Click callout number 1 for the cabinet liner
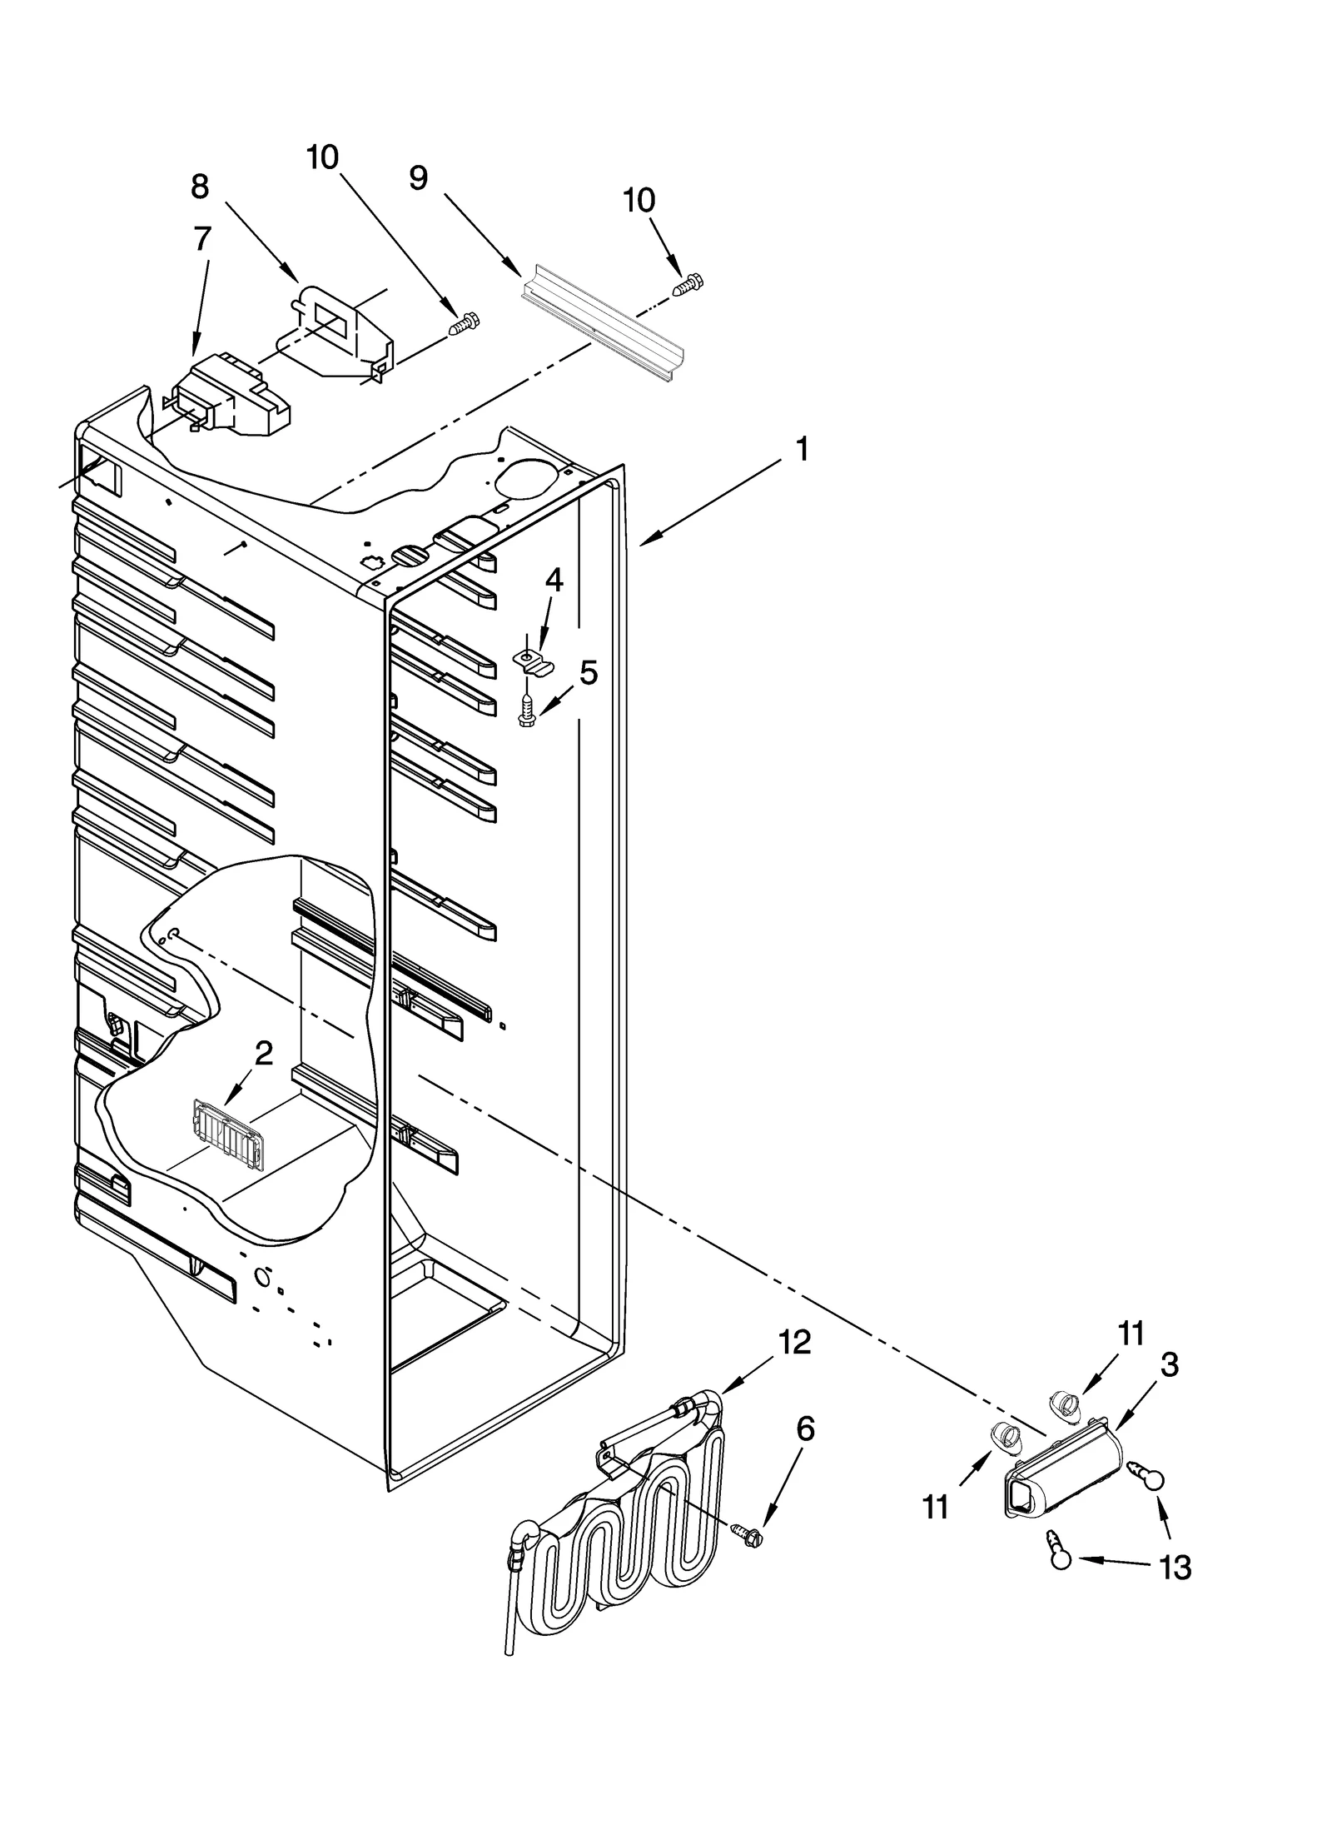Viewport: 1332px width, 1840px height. pos(800,451)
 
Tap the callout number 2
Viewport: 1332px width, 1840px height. pos(263,1054)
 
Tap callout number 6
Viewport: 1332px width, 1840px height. pos(804,1429)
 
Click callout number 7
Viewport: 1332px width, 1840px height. pos(202,239)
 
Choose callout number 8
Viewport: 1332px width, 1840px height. pos(200,187)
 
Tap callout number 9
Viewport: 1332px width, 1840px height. pos(418,177)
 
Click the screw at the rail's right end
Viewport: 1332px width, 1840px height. pos(688,284)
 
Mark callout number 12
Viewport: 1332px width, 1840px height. pos(794,1342)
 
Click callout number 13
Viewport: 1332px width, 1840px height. pos(1175,1568)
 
